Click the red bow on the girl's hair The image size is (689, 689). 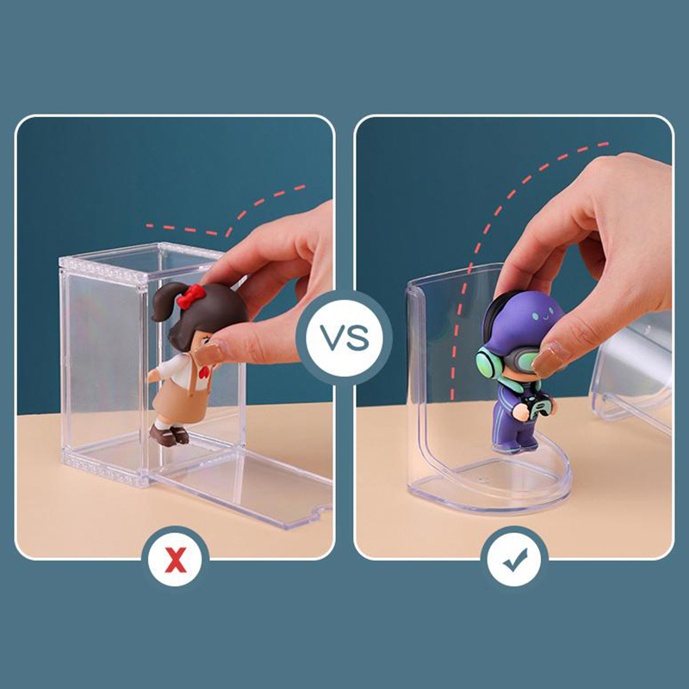click(190, 295)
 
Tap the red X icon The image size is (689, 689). click(176, 561)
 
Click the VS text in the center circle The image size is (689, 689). click(344, 338)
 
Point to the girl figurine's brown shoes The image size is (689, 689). click(170, 435)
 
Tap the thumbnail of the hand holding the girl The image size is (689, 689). click(209, 352)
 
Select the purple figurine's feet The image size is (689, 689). click(514, 447)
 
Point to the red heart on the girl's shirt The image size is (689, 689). click(203, 373)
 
